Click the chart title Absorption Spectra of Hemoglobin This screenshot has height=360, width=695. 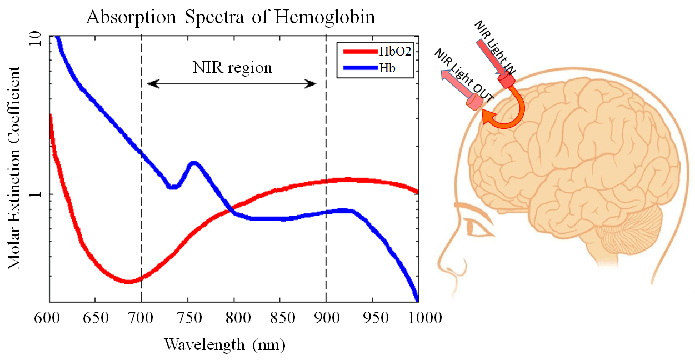coord(231,17)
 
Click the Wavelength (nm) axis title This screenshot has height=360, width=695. coord(224,344)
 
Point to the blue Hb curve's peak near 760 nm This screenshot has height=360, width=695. coord(194,163)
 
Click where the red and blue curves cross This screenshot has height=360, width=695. coord(230,208)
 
